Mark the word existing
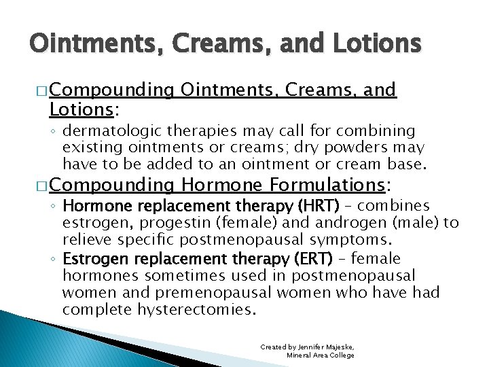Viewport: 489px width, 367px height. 86,147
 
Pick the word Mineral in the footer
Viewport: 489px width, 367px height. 301,355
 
